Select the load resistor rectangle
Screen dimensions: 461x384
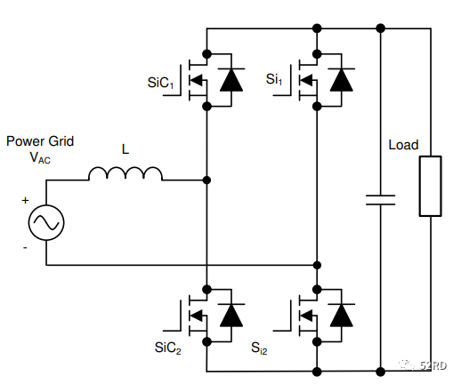pos(430,186)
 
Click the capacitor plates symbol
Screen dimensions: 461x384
pos(380,200)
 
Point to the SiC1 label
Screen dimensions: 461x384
pos(160,83)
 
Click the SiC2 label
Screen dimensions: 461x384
pos(167,348)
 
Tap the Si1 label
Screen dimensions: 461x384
pos(274,79)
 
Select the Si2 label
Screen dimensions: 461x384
pos(259,348)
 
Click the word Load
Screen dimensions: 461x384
pos(403,145)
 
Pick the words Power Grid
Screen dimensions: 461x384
pos(40,141)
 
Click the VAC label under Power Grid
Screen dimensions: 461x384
pos(40,157)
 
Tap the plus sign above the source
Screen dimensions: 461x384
pos(25,201)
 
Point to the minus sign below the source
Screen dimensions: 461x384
pos(25,247)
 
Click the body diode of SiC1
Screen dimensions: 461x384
pos(231,79)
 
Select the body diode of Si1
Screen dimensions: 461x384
pos(342,79)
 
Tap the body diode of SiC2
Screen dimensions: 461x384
pos(231,315)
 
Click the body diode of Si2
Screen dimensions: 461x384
pos(342,315)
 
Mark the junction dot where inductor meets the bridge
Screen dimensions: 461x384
pos(206,180)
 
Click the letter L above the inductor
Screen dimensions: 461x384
pos(125,149)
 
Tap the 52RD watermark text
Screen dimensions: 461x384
pos(433,366)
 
